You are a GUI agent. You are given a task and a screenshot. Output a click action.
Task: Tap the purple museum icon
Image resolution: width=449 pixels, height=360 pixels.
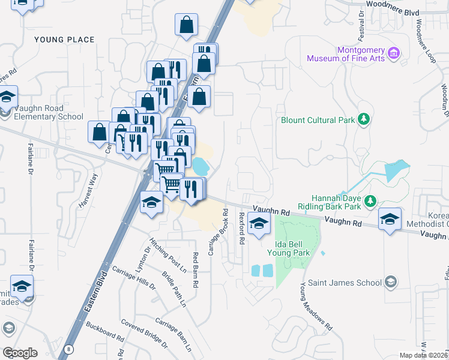click(x=394, y=53)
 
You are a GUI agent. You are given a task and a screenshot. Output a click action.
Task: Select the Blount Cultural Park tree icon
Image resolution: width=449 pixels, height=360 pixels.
click(x=363, y=119)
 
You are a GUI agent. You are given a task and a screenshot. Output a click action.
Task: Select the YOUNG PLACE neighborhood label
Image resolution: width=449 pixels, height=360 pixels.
click(x=64, y=40)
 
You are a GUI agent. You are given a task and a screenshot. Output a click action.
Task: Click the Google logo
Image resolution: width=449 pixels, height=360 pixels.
click(x=20, y=353)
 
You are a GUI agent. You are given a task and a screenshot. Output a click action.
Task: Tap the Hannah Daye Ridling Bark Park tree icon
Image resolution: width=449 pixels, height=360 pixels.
click(x=370, y=199)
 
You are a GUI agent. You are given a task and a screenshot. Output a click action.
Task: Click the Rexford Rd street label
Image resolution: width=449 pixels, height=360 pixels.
click(x=243, y=228)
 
